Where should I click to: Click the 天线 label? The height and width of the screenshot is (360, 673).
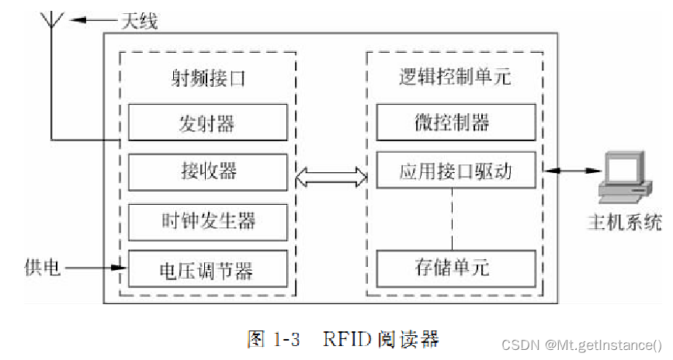tap(138, 21)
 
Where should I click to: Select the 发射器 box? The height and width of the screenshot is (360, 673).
tap(207, 123)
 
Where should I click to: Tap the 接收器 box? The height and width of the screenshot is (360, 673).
tap(207, 172)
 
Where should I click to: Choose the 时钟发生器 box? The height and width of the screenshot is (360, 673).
tap(207, 222)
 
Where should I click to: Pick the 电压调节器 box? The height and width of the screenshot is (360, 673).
tap(207, 269)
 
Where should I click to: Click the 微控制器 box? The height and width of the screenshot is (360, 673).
tap(456, 122)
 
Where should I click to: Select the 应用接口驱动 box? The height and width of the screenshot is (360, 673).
tap(456, 171)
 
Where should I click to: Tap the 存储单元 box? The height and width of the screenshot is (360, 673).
tap(456, 268)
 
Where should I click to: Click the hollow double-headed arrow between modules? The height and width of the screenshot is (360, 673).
tap(331, 176)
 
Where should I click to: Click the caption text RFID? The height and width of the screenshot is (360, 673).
tap(342, 338)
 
